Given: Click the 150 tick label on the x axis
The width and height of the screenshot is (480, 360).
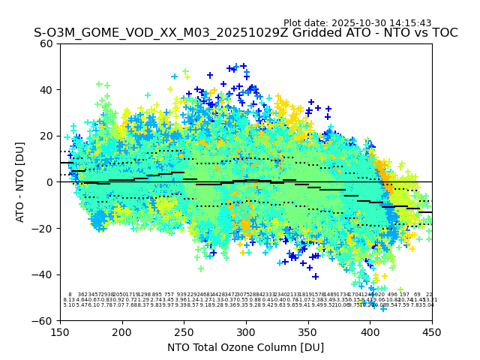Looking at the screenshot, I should (x=60, y=331).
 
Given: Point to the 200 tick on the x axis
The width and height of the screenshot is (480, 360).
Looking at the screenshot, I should (x=122, y=331).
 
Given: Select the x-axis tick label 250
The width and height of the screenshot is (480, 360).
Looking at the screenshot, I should (x=184, y=331).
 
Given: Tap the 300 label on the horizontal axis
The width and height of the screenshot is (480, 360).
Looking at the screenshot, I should (x=246, y=331).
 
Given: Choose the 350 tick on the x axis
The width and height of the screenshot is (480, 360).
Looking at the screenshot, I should (x=308, y=331).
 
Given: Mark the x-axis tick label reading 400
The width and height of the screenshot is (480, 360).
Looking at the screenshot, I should (x=370, y=331).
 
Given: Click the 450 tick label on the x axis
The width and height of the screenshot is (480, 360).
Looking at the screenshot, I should (x=432, y=331).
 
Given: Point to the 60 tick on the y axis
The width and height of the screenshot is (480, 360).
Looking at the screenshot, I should (x=46, y=43).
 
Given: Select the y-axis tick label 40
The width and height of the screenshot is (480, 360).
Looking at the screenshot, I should (x=46, y=90).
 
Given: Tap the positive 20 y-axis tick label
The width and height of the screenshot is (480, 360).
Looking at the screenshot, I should (x=46, y=136).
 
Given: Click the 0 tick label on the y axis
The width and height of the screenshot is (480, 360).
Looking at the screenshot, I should (x=49, y=182).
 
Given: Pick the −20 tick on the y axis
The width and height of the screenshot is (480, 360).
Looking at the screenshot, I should (x=43, y=228).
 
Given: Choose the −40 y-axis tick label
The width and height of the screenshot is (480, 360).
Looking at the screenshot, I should (x=43, y=274).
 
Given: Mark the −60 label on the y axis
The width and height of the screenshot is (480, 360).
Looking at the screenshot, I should (x=43, y=320).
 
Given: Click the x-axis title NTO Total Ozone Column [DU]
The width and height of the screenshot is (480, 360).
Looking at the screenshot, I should (x=246, y=346).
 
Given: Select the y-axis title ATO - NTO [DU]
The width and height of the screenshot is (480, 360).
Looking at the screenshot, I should (x=20, y=182).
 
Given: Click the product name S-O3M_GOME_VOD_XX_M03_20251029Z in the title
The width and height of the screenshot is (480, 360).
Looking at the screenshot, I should (x=144, y=33).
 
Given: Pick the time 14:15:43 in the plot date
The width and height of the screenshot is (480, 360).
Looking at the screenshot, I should (x=412, y=23).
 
